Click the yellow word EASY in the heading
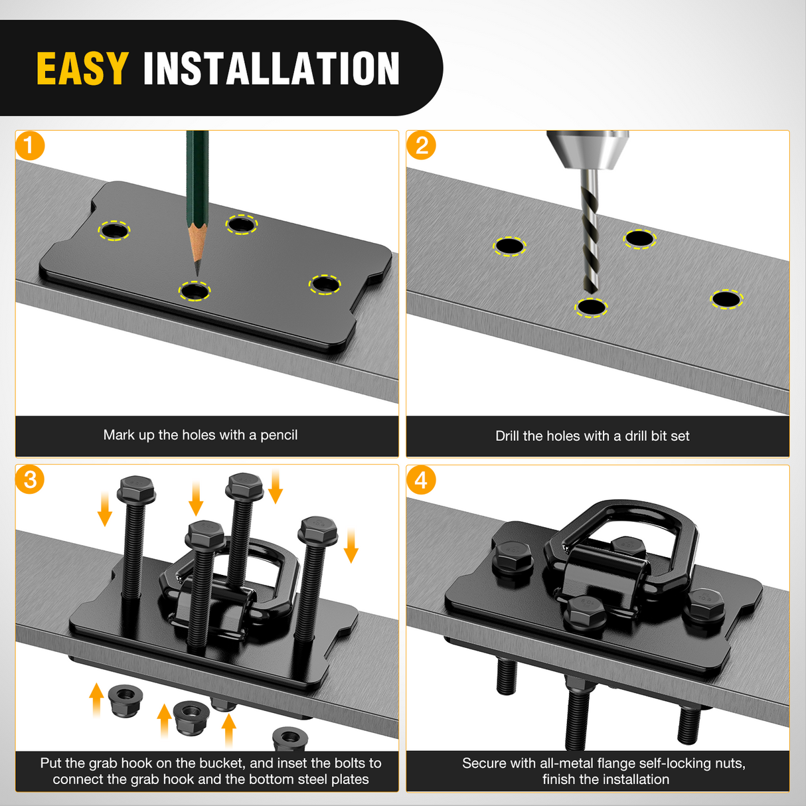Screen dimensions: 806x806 point(82,68)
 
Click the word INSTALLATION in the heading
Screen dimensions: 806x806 point(272,68)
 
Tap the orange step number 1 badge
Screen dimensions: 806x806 point(30,145)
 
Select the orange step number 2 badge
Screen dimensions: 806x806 point(421,145)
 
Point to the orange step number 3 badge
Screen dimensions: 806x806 point(30,479)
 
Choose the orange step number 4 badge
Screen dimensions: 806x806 point(421,479)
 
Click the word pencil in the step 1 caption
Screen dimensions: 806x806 point(279,436)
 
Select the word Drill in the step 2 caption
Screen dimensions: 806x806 point(507,436)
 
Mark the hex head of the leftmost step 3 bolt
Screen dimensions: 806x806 point(136,489)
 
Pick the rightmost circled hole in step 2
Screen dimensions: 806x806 point(726,299)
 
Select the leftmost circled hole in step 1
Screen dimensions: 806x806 point(114,230)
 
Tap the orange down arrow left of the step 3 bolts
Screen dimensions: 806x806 point(104,509)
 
